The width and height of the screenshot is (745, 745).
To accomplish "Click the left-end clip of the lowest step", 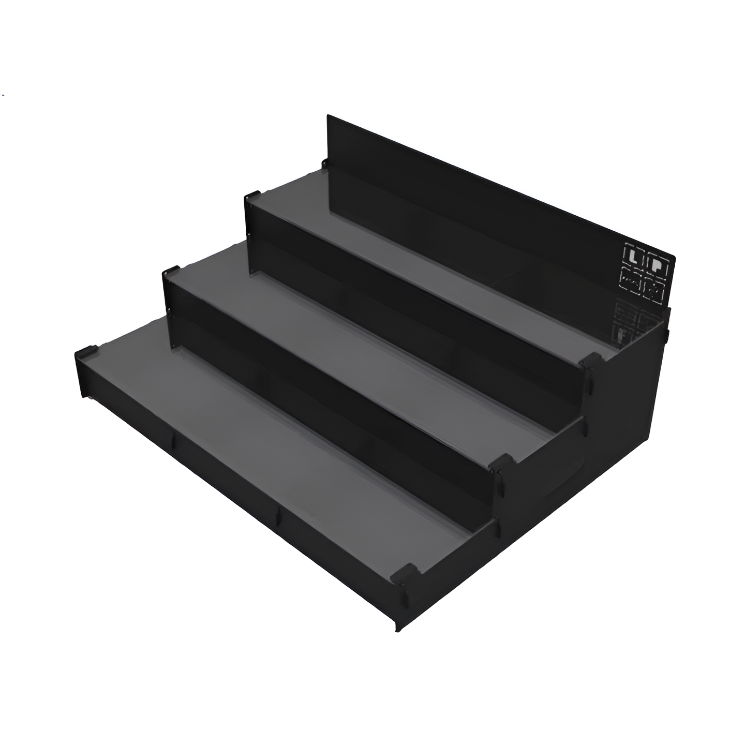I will tap(85, 353).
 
